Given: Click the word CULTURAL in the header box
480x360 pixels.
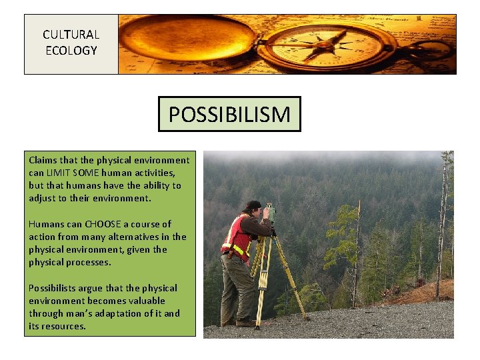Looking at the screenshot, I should tap(71, 35).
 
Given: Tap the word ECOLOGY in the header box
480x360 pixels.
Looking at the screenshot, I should tap(71, 51).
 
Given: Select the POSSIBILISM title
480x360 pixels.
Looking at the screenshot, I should tap(229, 115).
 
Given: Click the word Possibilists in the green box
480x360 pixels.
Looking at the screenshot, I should tap(53, 288).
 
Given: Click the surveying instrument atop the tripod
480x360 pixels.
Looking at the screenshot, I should tap(270, 213).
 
